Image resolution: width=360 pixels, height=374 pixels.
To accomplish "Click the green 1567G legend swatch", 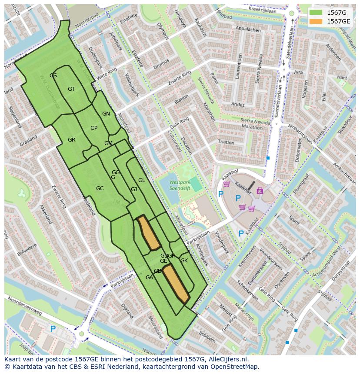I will pyautogui.click(x=316, y=13).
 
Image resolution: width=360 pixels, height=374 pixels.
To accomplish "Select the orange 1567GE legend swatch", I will pyautogui.click(x=316, y=21).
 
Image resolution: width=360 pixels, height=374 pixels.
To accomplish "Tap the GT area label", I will pyautogui.click(x=71, y=89).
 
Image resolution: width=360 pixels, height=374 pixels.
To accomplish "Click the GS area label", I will pyautogui.click(x=53, y=76).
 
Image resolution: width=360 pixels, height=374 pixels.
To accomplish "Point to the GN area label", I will pyautogui.click(x=106, y=114).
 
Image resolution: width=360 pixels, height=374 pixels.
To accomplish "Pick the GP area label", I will pyautogui.click(x=94, y=128).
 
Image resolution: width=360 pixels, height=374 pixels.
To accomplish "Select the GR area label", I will pyautogui.click(x=72, y=140).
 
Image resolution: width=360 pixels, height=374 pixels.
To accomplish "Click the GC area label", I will pyautogui.click(x=100, y=189).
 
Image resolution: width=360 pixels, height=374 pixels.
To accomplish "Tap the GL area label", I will pyautogui.click(x=141, y=180).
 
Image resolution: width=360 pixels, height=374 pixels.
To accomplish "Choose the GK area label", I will pyautogui.click(x=184, y=261).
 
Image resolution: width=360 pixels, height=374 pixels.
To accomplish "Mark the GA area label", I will pyautogui.click(x=149, y=278).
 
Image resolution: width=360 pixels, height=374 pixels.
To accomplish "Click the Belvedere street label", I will pyautogui.click(x=27, y=250).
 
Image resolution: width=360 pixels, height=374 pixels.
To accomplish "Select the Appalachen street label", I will pyautogui.click(x=248, y=30).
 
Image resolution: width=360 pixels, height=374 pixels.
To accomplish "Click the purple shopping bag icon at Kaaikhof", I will pyautogui.click(x=260, y=190).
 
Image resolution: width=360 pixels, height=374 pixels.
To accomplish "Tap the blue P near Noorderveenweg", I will pyautogui.click(x=53, y=329).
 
